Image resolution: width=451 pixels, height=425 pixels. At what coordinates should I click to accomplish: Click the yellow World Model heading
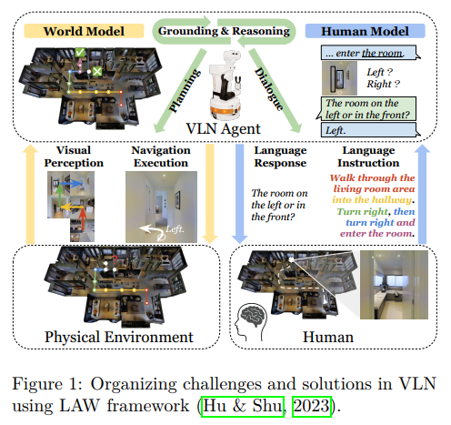click(x=84, y=31)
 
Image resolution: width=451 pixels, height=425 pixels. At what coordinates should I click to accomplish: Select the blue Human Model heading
click(x=365, y=31)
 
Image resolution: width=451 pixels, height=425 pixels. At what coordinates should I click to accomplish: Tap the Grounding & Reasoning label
click(x=224, y=31)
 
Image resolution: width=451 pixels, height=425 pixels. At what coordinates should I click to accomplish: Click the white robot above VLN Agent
click(x=225, y=85)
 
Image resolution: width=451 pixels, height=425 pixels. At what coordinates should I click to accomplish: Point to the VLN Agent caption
click(x=224, y=128)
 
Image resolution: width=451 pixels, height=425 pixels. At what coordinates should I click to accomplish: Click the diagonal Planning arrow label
click(x=184, y=91)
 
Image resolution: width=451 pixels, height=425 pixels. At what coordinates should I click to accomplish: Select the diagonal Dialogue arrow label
click(x=269, y=88)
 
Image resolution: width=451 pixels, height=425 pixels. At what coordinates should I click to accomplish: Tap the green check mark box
click(x=80, y=53)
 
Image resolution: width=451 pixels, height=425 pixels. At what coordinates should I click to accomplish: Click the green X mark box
click(x=97, y=72)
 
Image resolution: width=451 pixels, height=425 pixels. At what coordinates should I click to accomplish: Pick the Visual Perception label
click(x=74, y=157)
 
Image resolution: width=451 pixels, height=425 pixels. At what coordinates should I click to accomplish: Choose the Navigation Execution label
click(x=161, y=157)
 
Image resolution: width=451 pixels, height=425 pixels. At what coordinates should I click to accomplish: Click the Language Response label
click(x=280, y=157)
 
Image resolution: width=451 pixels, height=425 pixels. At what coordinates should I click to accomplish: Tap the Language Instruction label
click(x=368, y=157)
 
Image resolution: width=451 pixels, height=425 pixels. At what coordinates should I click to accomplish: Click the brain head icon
click(x=251, y=322)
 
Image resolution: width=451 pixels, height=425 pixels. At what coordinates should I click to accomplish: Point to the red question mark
click(x=115, y=259)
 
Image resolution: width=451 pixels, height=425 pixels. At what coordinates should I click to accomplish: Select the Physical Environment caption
click(x=119, y=337)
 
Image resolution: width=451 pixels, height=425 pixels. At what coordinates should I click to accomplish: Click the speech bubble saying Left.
click(x=370, y=130)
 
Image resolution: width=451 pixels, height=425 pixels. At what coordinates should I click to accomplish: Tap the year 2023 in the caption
click(x=312, y=406)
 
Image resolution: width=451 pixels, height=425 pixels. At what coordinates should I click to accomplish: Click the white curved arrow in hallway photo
click(x=152, y=232)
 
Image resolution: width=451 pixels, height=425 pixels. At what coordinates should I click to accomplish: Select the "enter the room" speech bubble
click(x=370, y=53)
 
